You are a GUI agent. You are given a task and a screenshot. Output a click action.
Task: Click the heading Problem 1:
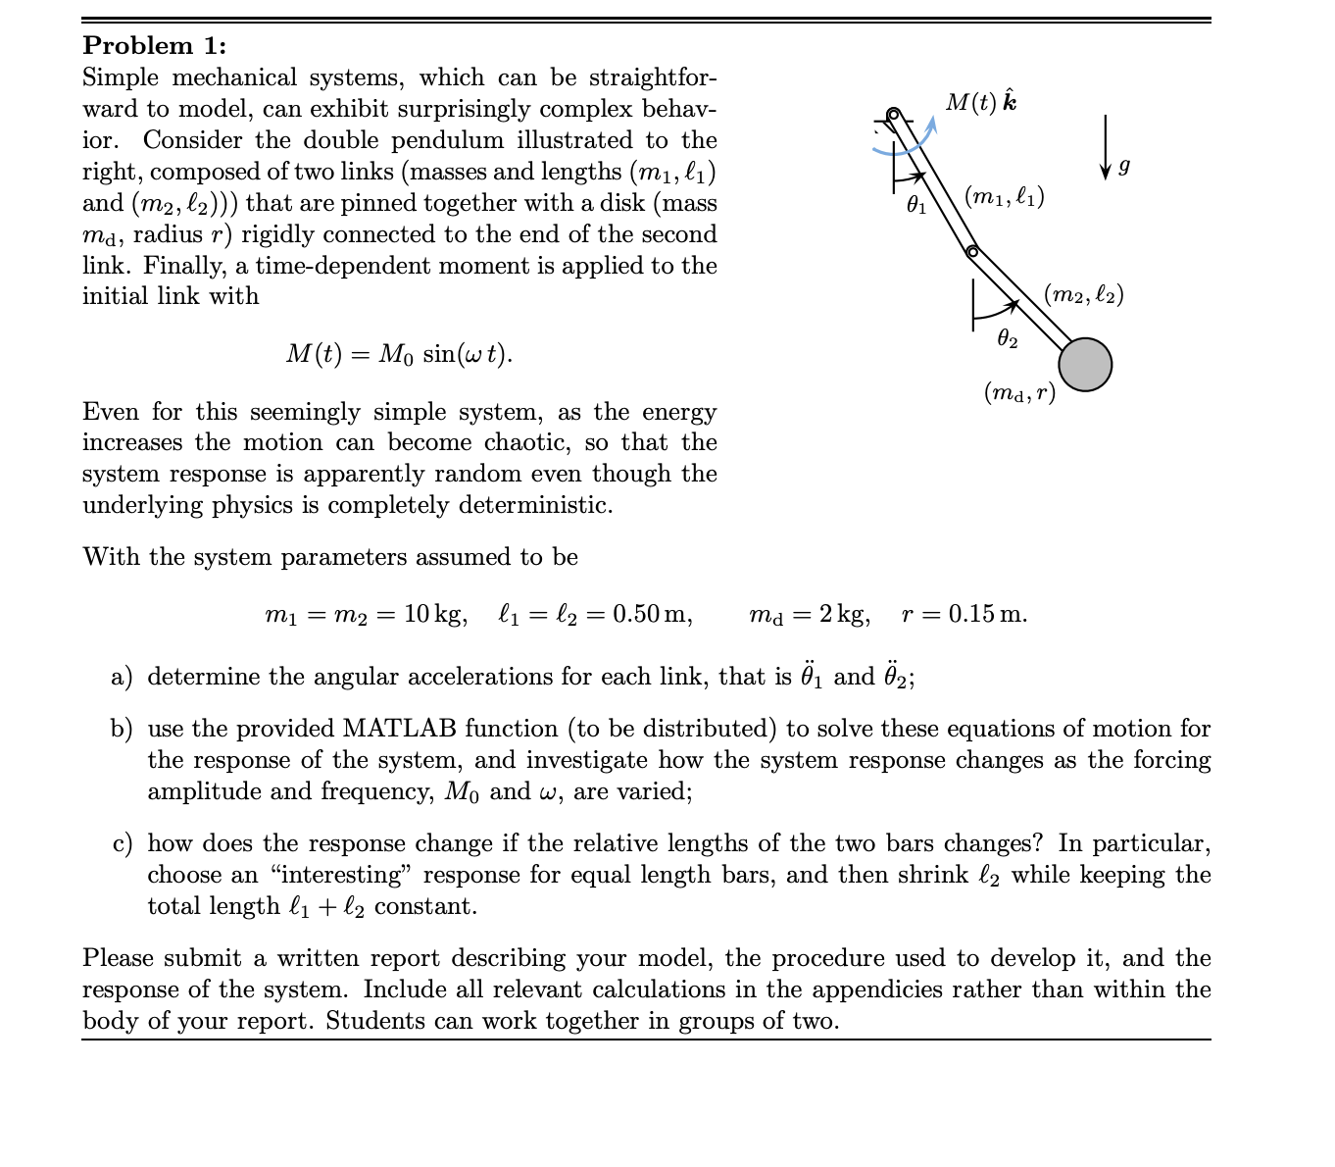click(154, 45)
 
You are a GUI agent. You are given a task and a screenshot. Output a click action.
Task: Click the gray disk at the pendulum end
click(1084, 364)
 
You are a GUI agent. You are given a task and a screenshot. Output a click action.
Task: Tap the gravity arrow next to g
click(1105, 146)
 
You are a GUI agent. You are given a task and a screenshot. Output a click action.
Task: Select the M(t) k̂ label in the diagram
click(980, 102)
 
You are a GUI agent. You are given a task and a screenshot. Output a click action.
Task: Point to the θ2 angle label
click(1007, 339)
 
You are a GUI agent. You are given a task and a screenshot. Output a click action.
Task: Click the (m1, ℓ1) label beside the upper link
click(1005, 196)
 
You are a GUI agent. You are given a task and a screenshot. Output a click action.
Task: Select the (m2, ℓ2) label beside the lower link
click(1084, 293)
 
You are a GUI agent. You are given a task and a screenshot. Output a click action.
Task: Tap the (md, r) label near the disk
click(1019, 393)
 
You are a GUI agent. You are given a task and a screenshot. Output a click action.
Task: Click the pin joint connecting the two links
click(971, 252)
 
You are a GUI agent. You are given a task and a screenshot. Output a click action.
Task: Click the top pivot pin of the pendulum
click(892, 115)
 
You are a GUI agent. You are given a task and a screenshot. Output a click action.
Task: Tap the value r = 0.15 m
click(964, 615)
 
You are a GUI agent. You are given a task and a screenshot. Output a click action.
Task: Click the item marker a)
click(122, 677)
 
